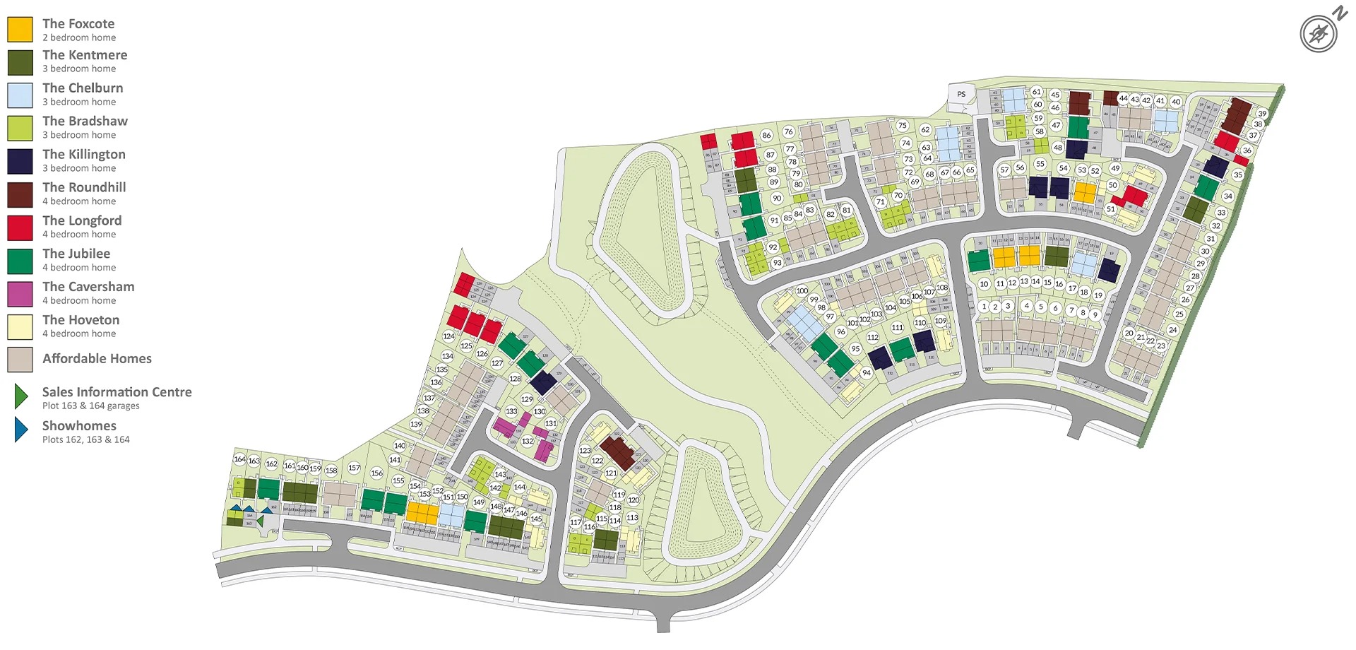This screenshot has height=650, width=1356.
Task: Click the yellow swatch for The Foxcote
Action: [20, 30]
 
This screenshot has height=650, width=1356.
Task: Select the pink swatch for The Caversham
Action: [20, 294]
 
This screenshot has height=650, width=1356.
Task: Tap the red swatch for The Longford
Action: [20, 227]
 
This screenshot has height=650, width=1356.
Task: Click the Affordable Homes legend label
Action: [97, 359]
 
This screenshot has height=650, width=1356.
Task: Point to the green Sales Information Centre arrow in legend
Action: [21, 397]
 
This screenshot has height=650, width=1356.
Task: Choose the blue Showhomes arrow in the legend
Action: [21, 430]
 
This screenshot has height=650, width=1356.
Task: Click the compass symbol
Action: [1319, 33]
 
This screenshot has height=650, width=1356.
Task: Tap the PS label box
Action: [961, 95]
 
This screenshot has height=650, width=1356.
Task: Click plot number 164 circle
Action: [239, 459]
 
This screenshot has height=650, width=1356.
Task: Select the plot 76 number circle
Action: [789, 131]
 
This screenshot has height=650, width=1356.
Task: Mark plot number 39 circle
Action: [1262, 114]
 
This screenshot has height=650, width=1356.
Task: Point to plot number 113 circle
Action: [632, 518]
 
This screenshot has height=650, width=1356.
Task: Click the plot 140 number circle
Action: [400, 446]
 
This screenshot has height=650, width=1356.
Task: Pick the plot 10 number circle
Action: [984, 284]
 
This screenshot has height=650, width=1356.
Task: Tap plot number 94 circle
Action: [867, 373]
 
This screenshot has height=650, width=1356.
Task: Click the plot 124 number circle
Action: [449, 336]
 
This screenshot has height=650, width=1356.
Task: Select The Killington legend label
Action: [84, 155]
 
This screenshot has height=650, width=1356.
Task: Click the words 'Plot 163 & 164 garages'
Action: [91, 406]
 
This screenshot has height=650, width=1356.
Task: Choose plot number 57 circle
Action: [1004, 170]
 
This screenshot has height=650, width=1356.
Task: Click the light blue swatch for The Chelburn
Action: [20, 95]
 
